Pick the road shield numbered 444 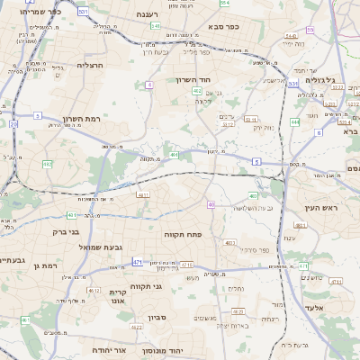click(x=295, y=121)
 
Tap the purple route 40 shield click(x=211, y=205)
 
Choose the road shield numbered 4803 click(x=229, y=241)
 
